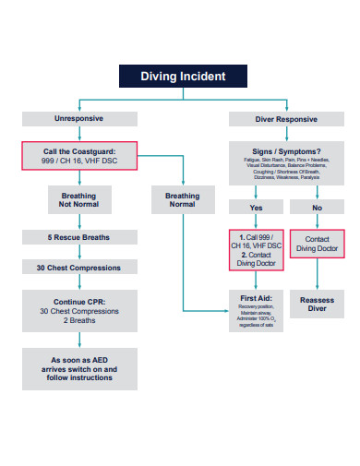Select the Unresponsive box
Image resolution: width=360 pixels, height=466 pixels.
coord(78,119)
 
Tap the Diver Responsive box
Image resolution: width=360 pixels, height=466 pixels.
coord(285,119)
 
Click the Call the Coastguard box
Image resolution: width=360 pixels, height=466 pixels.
coord(78,156)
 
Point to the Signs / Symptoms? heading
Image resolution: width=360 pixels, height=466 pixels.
coord(285,151)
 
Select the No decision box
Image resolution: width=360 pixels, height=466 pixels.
coord(317,208)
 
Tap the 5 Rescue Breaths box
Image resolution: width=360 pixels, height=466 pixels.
coord(78,238)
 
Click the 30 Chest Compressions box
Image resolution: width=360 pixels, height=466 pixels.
coord(78,268)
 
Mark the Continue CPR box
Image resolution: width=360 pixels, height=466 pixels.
coord(78,310)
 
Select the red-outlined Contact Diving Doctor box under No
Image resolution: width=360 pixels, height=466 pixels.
coord(317,244)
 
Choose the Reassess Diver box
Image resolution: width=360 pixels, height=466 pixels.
coord(317,305)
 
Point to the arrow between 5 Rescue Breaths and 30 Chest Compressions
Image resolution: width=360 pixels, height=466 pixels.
coord(78,253)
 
